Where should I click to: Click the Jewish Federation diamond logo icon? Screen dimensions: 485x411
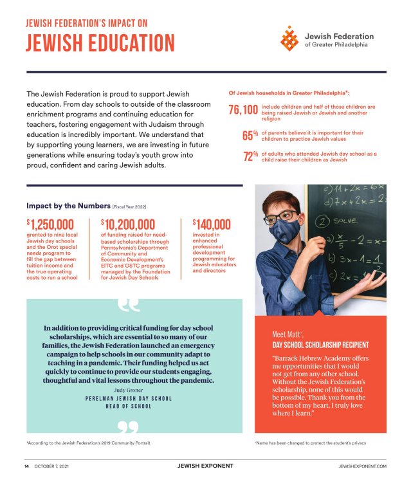click(x=289, y=39)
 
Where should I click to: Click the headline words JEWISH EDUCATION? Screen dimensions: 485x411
click(x=100, y=42)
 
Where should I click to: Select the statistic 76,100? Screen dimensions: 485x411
click(x=243, y=111)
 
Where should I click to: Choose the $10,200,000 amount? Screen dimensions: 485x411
click(x=128, y=224)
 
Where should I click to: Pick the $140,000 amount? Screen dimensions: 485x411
click(x=212, y=224)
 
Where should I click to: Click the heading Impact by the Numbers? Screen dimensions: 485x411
click(x=68, y=206)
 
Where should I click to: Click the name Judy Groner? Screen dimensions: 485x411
click(x=129, y=390)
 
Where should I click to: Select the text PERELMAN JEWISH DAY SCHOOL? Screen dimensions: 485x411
click(x=129, y=399)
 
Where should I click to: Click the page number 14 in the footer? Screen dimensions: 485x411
click(x=27, y=466)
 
